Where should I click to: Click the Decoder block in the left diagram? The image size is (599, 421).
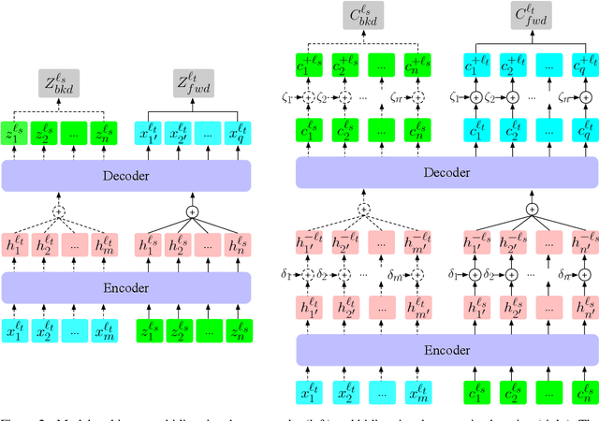pos(128,174)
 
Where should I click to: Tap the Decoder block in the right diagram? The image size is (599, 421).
pos(446,171)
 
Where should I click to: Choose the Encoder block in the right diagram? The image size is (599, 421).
pos(446,350)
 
